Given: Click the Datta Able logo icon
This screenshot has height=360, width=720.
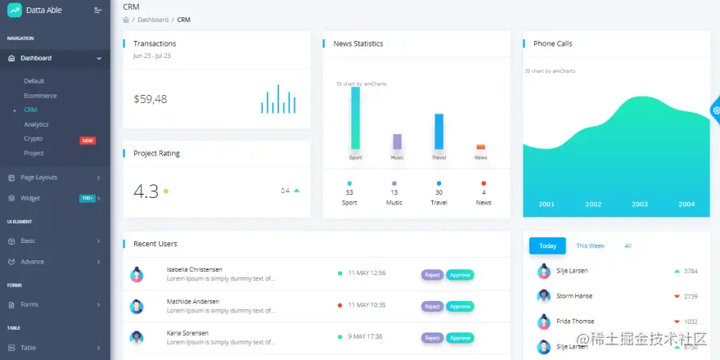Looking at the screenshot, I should tap(14, 11).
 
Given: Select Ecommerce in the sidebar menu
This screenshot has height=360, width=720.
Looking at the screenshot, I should tap(40, 96).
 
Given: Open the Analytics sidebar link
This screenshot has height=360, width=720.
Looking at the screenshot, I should tap(36, 124).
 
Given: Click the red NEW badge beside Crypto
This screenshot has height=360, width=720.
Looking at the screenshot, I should tap(88, 140).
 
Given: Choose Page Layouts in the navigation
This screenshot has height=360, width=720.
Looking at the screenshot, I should tap(38, 177).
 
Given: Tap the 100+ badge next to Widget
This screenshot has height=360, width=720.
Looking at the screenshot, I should tap(88, 198).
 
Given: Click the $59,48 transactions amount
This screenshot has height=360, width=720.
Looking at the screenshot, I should tap(151, 99).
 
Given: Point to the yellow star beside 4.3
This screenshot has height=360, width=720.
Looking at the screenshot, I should tap(166, 191).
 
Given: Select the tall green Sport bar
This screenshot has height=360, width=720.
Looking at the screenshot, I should tap(355, 118).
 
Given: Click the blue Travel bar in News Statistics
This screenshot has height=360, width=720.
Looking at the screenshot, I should tap(439, 131).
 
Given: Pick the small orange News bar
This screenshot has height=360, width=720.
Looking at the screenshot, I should tap(480, 147).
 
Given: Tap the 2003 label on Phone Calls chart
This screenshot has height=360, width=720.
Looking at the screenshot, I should tap(640, 205).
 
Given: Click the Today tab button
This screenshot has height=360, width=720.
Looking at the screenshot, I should tap(547, 245).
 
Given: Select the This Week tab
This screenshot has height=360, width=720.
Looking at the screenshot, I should tap(590, 245).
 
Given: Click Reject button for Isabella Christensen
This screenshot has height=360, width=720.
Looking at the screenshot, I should tap(432, 275).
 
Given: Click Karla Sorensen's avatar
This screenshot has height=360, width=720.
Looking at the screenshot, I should tap(137, 338).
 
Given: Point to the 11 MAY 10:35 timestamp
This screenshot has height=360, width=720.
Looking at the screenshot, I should tap(367, 305).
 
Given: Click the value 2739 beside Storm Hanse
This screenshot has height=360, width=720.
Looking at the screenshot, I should tap(691, 296).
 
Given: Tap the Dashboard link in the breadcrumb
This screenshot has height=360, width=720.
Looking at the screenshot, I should tap(153, 20).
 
